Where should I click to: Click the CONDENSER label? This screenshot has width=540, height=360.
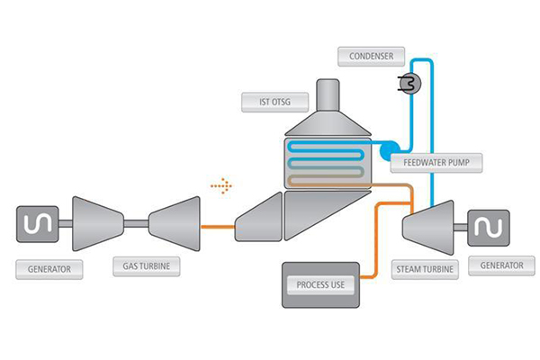371,56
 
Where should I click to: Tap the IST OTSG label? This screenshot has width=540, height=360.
274,102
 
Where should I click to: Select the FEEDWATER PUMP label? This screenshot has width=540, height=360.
436,163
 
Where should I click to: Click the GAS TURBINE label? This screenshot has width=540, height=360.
147,266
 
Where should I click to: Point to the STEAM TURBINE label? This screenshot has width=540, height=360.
425,269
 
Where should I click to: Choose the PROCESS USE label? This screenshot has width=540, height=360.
320,285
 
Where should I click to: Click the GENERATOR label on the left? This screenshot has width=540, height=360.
49,269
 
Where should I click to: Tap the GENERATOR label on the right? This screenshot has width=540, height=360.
502,265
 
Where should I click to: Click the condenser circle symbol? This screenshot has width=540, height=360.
409,84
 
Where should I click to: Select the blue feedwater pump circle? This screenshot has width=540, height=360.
389,151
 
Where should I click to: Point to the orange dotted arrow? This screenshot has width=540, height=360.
221,186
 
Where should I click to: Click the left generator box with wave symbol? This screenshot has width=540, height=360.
38,224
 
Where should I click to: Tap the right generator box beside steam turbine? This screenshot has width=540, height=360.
489,228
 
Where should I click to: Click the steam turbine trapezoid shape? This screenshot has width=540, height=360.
428,228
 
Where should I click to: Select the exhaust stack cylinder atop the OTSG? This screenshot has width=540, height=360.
328,95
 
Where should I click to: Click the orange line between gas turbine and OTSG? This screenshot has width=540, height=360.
218,227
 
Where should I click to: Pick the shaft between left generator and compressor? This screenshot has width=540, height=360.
66,224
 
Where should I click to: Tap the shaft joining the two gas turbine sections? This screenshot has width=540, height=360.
136,224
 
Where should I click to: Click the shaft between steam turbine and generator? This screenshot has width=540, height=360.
461,227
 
